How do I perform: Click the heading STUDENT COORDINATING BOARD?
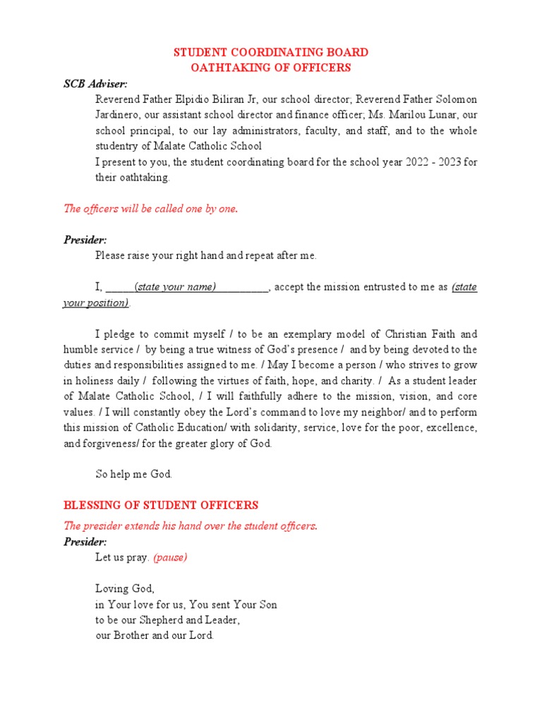(x=271, y=52)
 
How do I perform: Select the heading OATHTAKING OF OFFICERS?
(x=271, y=68)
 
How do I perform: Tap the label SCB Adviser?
(x=95, y=84)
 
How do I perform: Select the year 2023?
(x=452, y=162)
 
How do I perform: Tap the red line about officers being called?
(x=151, y=209)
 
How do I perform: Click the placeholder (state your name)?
(x=175, y=287)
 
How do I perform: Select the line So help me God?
(x=133, y=475)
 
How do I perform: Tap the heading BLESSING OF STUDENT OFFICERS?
(x=161, y=506)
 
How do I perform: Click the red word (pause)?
(x=170, y=558)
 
